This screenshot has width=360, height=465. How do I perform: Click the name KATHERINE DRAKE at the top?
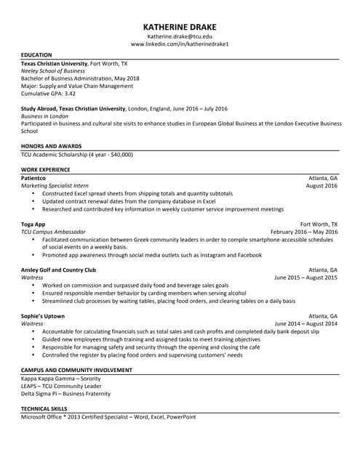180,24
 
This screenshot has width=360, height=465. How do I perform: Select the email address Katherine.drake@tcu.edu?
180,36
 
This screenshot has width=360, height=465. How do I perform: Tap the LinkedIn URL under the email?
180,44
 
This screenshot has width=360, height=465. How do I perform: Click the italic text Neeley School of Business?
53,71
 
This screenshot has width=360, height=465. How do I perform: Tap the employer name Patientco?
33,178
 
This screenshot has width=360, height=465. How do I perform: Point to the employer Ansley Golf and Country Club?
58,270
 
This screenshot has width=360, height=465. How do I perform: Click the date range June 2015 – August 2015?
305,278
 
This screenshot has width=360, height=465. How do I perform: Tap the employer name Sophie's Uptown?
43,316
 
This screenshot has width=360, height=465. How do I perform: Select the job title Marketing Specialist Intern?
55,186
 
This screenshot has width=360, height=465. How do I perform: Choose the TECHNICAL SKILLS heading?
45,410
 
